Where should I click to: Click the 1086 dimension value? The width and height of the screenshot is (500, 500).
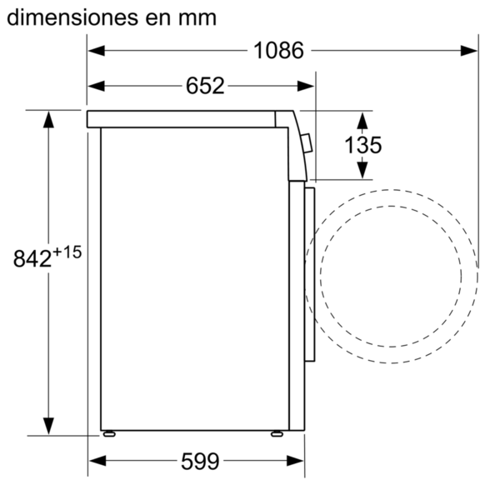click(278, 50)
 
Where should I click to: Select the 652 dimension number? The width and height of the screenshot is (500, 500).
click(205, 86)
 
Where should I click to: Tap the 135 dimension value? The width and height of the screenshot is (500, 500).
click(362, 145)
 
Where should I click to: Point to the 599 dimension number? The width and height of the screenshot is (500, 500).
click(200, 461)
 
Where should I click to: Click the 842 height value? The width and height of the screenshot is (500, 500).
click(32, 258)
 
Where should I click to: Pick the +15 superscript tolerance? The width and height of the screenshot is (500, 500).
click(67, 252)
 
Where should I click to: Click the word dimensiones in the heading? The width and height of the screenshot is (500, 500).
click(72, 17)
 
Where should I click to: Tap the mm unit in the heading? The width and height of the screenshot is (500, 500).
click(197, 19)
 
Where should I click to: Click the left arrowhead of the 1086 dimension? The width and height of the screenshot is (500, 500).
click(97, 50)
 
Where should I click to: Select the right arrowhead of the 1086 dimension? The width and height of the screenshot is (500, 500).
click(468, 50)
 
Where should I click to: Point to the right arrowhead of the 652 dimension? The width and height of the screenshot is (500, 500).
click(306, 86)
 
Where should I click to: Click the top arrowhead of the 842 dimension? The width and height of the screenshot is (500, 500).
click(48, 119)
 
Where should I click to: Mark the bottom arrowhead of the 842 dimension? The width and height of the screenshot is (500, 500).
click(48, 426)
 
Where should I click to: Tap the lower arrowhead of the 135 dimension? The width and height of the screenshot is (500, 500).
click(362, 171)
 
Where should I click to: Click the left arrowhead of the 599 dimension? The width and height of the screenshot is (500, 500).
click(97, 461)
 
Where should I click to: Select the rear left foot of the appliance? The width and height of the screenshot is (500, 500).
click(109, 433)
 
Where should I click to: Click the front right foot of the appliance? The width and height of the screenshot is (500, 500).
click(277, 433)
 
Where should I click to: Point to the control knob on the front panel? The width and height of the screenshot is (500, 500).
click(307, 143)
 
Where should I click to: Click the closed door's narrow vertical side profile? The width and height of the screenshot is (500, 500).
click(310, 274)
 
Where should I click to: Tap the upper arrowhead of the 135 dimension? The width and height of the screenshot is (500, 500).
click(362, 121)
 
